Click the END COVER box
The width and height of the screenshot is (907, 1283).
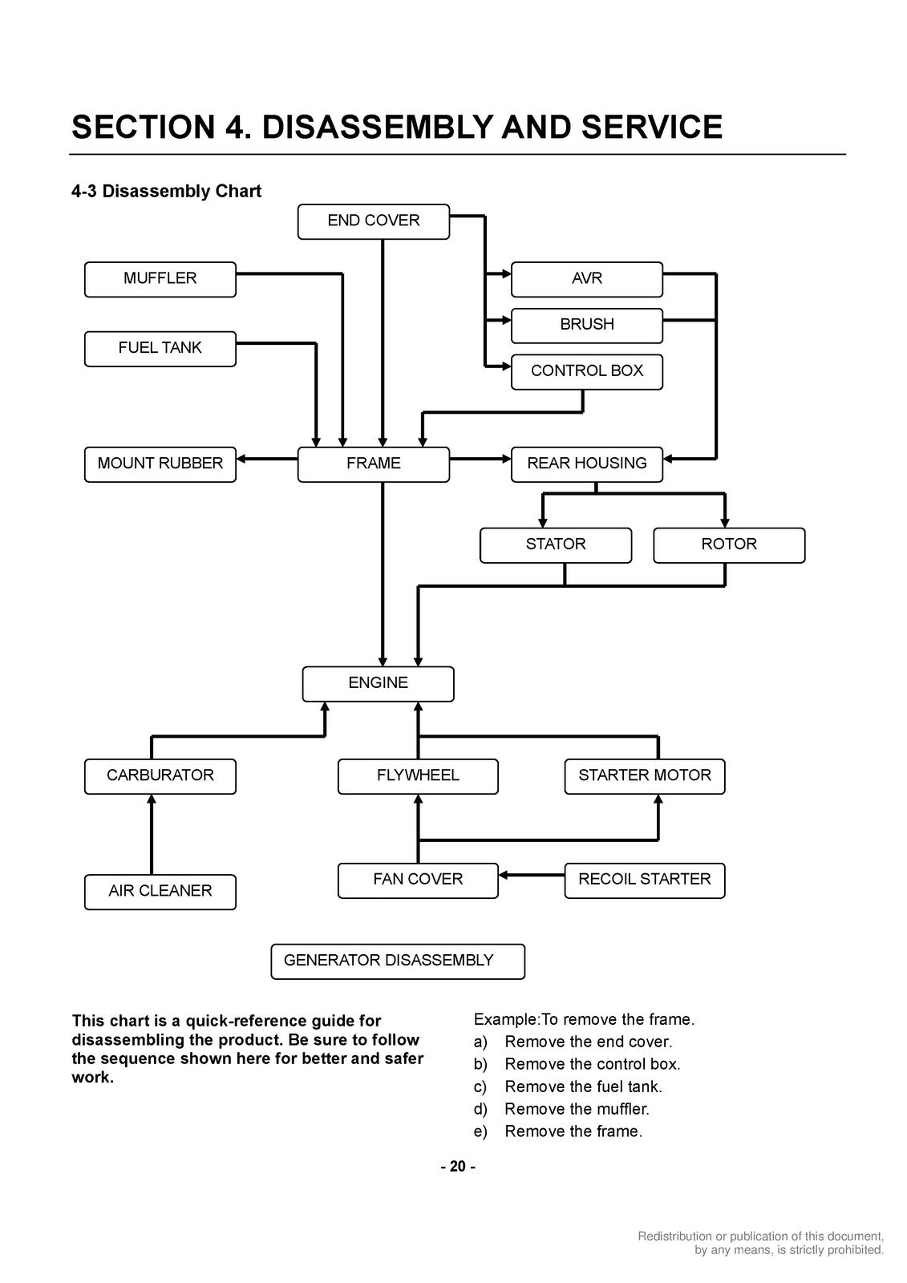tap(374, 221)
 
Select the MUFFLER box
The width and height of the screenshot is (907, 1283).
tap(160, 280)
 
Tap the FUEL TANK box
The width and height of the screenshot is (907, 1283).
tap(160, 349)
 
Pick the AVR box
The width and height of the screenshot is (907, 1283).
tap(587, 280)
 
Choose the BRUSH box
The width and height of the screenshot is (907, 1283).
tap(587, 326)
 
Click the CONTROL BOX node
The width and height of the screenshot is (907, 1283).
tap(587, 372)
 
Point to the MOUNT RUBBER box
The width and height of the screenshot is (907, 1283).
tap(160, 464)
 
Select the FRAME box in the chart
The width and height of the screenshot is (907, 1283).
tap(374, 464)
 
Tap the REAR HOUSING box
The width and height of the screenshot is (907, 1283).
tap(587, 464)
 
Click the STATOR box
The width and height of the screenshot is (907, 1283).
tap(556, 545)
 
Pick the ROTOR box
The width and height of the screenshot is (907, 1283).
tap(729, 545)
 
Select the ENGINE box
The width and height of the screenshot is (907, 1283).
tap(379, 684)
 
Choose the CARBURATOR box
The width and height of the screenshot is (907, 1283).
tap(160, 776)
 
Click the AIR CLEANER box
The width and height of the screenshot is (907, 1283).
tap(160, 892)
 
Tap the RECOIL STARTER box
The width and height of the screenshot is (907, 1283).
tap(645, 880)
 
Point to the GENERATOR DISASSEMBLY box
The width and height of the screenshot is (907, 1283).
tap(398, 961)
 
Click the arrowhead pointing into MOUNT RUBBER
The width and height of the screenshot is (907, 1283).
tap(241, 459)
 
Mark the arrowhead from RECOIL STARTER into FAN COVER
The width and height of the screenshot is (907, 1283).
tap(503, 875)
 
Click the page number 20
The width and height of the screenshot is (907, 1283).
tap(457, 1167)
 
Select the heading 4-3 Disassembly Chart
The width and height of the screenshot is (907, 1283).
tap(166, 191)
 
